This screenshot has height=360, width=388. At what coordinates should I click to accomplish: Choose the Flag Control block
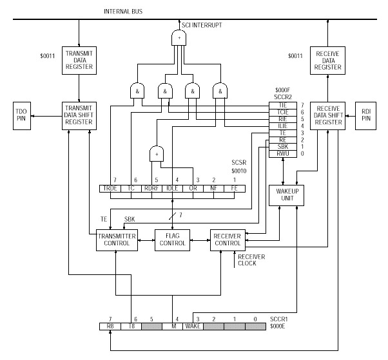172,240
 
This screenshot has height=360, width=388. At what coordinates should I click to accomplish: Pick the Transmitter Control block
113,240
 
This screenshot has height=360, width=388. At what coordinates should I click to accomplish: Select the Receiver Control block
229,240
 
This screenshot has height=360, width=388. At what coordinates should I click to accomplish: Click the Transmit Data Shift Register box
79,117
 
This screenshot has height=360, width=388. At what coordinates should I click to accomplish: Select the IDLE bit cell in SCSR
172,188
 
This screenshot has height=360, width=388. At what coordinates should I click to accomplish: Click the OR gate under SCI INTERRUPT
177,39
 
